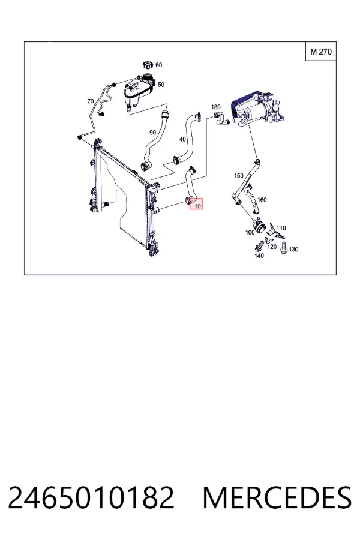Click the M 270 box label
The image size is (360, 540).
(321, 52)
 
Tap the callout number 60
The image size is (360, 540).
(159, 65)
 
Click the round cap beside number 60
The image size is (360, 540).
(148, 65)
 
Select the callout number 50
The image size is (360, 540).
(161, 85)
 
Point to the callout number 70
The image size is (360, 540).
(90, 101)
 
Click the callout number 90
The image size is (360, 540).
(152, 132)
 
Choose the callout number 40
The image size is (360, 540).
(182, 139)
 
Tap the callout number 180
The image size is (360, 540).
(215, 107)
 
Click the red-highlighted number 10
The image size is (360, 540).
(198, 206)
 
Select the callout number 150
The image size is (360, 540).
(238, 176)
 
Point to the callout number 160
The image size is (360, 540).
(262, 200)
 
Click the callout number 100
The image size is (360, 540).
(250, 232)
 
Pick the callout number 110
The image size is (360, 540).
(281, 228)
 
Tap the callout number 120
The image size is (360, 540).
(272, 247)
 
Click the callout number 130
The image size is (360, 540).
(293, 249)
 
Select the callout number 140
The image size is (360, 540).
(259, 256)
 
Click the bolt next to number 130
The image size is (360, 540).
(284, 248)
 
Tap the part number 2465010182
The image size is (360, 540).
(91, 497)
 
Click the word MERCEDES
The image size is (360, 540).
(277, 497)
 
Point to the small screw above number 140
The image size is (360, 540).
(259, 246)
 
